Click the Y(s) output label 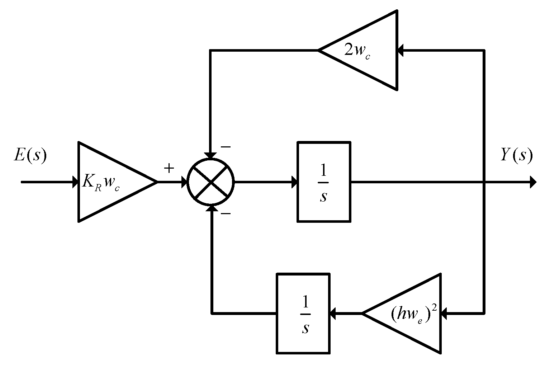click(x=516, y=155)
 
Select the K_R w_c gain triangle click(x=108, y=182)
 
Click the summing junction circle click(x=211, y=182)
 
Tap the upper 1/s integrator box click(x=324, y=182)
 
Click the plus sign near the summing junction click(x=169, y=168)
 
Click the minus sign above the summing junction click(x=226, y=147)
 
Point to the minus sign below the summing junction click(x=226, y=214)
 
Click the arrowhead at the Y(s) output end click(x=533, y=182)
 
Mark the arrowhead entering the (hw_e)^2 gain click(x=444, y=314)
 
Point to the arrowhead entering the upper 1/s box click(x=294, y=182)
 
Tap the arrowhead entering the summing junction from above click(x=211, y=155)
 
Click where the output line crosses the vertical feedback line click(x=484, y=182)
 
